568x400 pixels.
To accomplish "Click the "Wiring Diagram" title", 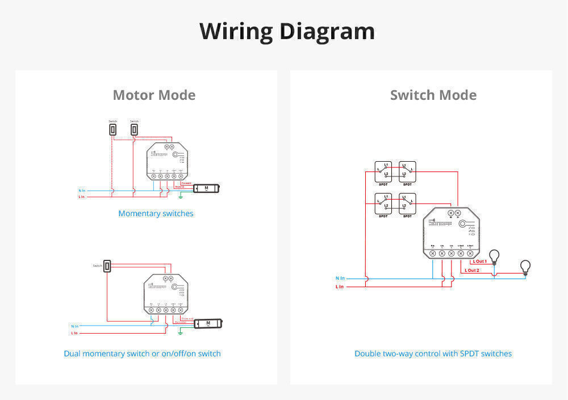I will tap(287, 31).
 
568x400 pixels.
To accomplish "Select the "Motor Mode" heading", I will tap(154, 95).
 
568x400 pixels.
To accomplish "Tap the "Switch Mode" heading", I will tap(433, 95).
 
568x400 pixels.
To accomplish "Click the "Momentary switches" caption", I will tap(156, 214).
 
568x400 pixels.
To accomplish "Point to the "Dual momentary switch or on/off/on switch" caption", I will tap(142, 353).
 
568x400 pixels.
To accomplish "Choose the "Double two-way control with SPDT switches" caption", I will tap(433, 353).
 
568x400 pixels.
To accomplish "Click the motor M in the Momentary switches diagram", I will tap(206, 188).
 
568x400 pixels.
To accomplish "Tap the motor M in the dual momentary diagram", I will tap(208, 323).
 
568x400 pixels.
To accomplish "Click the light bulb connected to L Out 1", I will tap(495, 256).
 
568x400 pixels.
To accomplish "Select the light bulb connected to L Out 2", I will tap(525, 267).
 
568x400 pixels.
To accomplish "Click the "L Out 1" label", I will tap(480, 262).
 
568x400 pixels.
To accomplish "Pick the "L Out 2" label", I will tap(472, 271).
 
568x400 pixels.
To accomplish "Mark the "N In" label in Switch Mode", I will tap(340, 278).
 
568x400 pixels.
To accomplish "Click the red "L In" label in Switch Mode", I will tap(340, 287).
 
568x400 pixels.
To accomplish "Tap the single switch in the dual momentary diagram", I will tap(107, 266).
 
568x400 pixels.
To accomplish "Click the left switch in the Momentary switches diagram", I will tap(112, 130).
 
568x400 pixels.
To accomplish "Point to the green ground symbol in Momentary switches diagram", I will tap(181, 197).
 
